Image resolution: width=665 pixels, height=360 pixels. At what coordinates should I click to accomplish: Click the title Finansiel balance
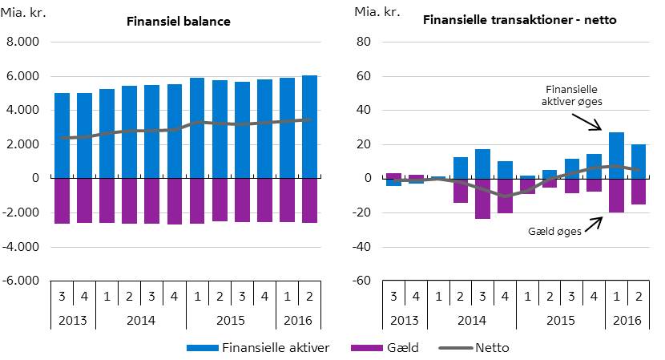pyautogui.click(x=179, y=22)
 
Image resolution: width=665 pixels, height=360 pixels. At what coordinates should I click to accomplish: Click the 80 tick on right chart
pyautogui.click(x=362, y=42)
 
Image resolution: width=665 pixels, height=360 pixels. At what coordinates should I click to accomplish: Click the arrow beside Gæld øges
pyautogui.click(x=593, y=221)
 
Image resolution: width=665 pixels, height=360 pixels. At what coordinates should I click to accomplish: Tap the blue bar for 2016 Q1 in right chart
pyautogui.click(x=616, y=156)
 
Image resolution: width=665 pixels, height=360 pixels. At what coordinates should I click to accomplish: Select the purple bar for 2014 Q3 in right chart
pyautogui.click(x=482, y=198)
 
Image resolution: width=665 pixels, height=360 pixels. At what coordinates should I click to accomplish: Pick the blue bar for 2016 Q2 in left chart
pyautogui.click(x=309, y=127)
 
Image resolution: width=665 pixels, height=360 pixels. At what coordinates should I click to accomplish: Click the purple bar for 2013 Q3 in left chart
pyautogui.click(x=62, y=200)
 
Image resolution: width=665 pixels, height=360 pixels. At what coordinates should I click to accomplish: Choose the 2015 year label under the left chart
pyautogui.click(x=231, y=319)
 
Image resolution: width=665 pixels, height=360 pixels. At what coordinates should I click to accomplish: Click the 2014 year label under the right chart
pyautogui.click(x=471, y=319)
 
